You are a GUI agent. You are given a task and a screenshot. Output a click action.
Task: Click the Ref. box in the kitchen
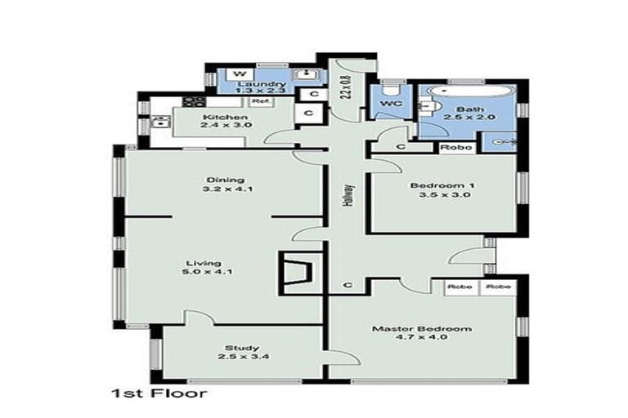pos(260,102)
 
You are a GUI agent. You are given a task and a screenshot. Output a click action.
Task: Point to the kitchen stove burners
pos(193,103)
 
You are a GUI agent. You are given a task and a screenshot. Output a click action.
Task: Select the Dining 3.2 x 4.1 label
pos(216,185)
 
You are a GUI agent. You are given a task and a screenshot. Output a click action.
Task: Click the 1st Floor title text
pos(159,394)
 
